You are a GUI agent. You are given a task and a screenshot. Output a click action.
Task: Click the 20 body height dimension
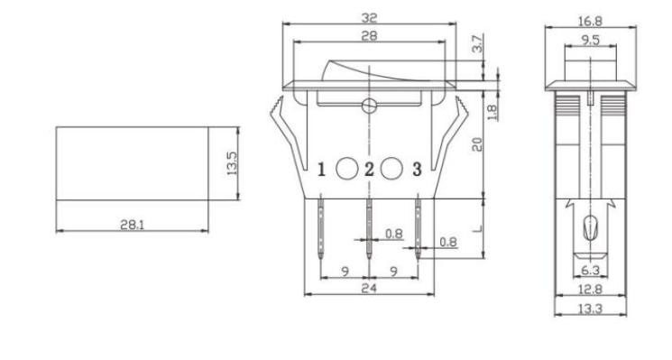(x=478, y=143)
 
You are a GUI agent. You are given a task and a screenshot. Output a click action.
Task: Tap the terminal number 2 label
(x=369, y=169)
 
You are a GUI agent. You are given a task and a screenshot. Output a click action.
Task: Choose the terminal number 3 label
(x=416, y=169)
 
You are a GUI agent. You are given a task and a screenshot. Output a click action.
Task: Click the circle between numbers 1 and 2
(x=346, y=168)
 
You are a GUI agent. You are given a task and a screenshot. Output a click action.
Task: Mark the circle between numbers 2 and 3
(x=392, y=168)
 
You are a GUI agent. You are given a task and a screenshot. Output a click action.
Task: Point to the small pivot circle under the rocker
(x=369, y=105)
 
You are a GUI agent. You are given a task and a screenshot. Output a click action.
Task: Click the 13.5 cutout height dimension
(x=232, y=163)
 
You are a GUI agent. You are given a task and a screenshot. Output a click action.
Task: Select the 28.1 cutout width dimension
(x=132, y=223)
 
